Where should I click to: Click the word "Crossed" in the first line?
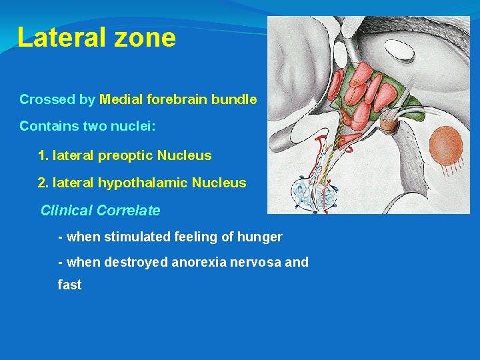[x=47, y=100]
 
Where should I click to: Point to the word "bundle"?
[x=234, y=100]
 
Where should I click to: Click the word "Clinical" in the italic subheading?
[x=67, y=211]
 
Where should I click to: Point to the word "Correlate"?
[x=129, y=211]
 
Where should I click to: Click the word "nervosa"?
[x=257, y=262]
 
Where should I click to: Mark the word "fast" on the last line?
[x=69, y=285]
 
